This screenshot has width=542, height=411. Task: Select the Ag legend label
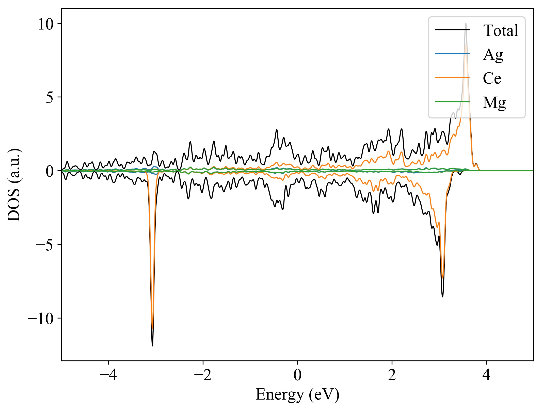pos(493,54)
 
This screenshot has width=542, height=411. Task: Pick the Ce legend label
pos(492,78)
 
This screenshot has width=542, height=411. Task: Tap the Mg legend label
pos(494,102)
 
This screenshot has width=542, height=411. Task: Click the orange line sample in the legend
pos(452,78)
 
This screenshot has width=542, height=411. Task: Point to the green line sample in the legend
pos(452,102)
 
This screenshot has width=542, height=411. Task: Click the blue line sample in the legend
pos(452,54)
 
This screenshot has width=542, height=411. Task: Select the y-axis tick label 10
pos(46,25)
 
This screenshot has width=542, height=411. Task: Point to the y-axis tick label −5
pos(45,245)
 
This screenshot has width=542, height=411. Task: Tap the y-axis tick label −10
pos(41,318)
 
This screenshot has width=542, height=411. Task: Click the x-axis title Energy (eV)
pos(297,395)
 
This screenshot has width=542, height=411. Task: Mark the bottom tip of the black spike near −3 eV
pos(152,346)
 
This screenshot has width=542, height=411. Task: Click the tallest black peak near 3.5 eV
pos(466,23)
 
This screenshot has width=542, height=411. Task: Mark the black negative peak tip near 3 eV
pos(442,297)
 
